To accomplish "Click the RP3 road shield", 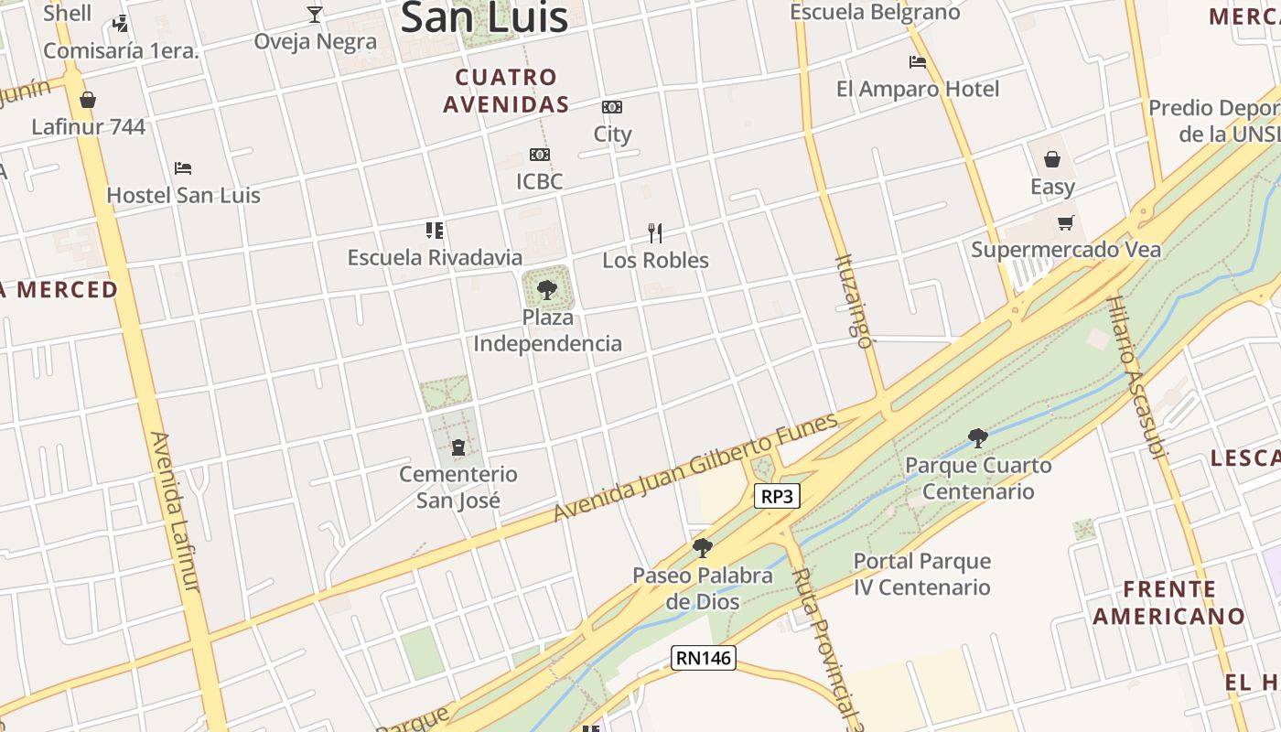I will (777, 496).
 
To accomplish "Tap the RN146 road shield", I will (703, 657).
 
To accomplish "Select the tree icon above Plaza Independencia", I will (547, 290).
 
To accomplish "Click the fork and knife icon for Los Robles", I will (654, 232).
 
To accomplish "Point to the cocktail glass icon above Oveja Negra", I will (315, 14).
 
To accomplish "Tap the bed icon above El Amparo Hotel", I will (918, 62).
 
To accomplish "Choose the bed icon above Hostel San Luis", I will (183, 168).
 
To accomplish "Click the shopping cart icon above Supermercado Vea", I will (1065, 222).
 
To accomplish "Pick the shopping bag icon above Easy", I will (1052, 159).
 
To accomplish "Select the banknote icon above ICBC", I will (540, 155).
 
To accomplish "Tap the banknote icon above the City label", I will (612, 107).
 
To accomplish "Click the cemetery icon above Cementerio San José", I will (457, 447).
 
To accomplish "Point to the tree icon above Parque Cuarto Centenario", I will (977, 437).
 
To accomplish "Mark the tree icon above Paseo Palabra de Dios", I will (703, 548).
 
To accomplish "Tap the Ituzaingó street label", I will (854, 301).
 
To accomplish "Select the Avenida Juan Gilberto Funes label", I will (695, 468).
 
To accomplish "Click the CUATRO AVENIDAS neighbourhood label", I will (506, 91).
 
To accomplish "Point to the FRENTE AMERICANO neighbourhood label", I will (1169, 602).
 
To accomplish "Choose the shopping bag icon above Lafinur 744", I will (88, 100).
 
